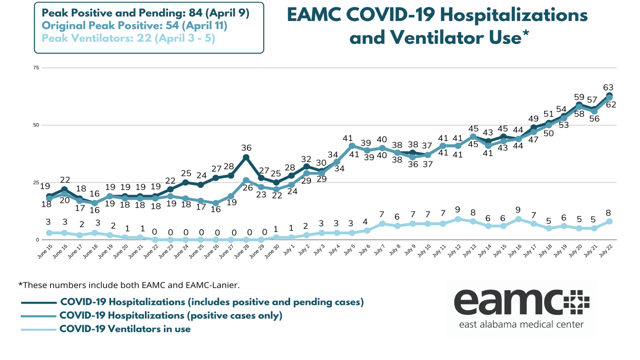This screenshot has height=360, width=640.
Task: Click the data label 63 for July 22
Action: pos(608,87)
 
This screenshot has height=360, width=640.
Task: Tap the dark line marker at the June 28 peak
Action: pos(246,157)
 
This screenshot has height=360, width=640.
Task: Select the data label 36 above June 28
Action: pos(246,148)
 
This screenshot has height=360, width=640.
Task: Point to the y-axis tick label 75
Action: pos(36,68)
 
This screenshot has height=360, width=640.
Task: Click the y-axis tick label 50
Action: pos(36,125)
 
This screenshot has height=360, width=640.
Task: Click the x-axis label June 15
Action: pos(45,252)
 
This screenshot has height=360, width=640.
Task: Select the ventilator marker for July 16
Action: pos(518,219)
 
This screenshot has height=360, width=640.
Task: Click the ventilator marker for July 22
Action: pos(609,222)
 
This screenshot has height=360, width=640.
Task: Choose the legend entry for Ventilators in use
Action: pos(125,329)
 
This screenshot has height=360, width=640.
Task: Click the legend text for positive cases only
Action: pos(171,316)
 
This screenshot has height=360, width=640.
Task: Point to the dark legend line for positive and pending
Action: pos(39,303)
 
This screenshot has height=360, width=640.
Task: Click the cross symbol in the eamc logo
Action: pos(576,302)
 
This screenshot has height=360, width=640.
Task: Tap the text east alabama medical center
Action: pos(521,324)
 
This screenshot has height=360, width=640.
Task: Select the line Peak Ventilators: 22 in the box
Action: pos(128,38)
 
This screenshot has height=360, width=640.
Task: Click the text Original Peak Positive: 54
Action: pos(134,25)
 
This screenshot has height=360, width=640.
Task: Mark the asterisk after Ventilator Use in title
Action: pos(526,34)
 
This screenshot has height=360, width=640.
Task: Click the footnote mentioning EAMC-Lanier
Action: pos(129,285)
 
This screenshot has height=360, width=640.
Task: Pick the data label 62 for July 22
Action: pos(611,105)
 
